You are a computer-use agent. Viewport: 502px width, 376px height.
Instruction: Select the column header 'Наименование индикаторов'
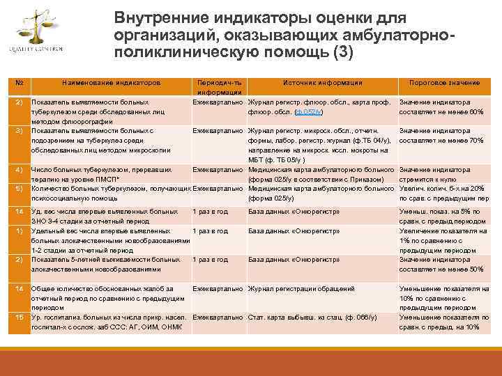pos(112,83)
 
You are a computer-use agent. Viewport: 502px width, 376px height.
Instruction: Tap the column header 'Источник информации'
pos(323,83)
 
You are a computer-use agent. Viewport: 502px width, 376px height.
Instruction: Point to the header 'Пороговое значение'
pos(444,83)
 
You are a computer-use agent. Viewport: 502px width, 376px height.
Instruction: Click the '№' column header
pos(20,83)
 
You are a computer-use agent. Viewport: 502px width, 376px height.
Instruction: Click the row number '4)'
pos(20,169)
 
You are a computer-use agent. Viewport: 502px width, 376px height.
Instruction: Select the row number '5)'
pos(20,188)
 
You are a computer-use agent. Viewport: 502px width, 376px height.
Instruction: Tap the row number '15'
pos(20,317)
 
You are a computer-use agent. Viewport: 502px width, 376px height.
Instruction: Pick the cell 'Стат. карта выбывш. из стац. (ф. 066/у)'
pos(312,317)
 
